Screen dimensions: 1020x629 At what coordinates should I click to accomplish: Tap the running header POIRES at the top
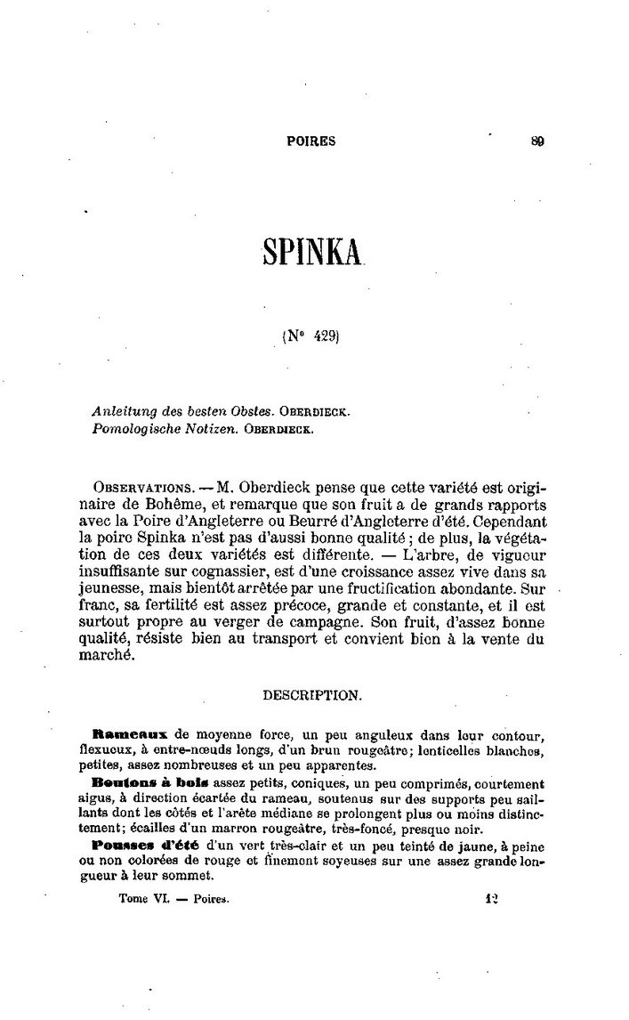pos(311,141)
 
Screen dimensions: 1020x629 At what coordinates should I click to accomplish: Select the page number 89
pos(537,141)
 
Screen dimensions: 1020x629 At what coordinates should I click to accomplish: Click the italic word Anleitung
pos(121,412)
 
